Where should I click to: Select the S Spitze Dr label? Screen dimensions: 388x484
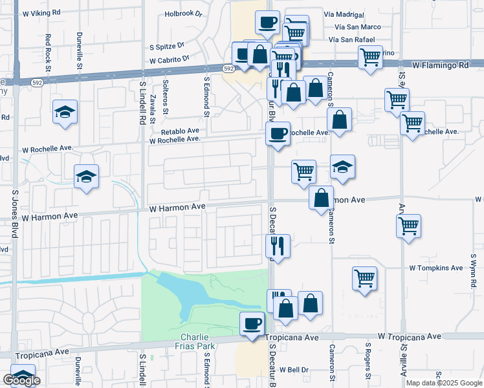click(167, 47)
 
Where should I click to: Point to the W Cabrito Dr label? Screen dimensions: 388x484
click(169, 59)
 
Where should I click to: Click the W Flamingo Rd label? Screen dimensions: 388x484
click(441, 65)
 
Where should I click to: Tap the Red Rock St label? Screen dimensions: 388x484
click(48, 48)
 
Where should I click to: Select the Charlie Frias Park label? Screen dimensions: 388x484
click(199, 341)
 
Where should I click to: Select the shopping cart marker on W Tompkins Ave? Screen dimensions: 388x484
click(365, 278)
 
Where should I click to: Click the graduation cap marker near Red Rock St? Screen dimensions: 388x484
click(65, 111)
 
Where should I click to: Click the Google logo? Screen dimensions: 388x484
click(21, 380)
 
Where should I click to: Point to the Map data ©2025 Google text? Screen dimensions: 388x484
click(444, 383)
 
